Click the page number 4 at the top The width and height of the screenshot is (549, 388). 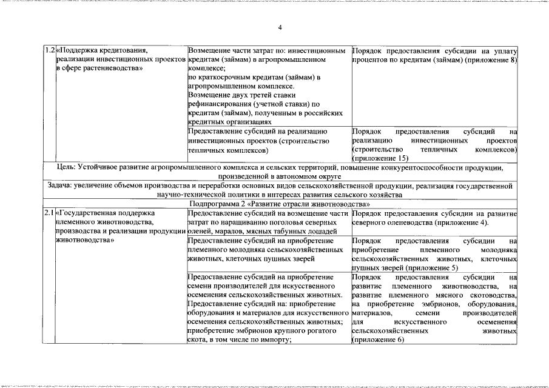[280, 28]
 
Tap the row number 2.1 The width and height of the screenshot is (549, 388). [49, 213]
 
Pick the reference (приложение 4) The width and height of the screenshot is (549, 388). [473, 222]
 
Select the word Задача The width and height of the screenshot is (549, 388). [61, 186]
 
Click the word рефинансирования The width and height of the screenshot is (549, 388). [221, 104]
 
